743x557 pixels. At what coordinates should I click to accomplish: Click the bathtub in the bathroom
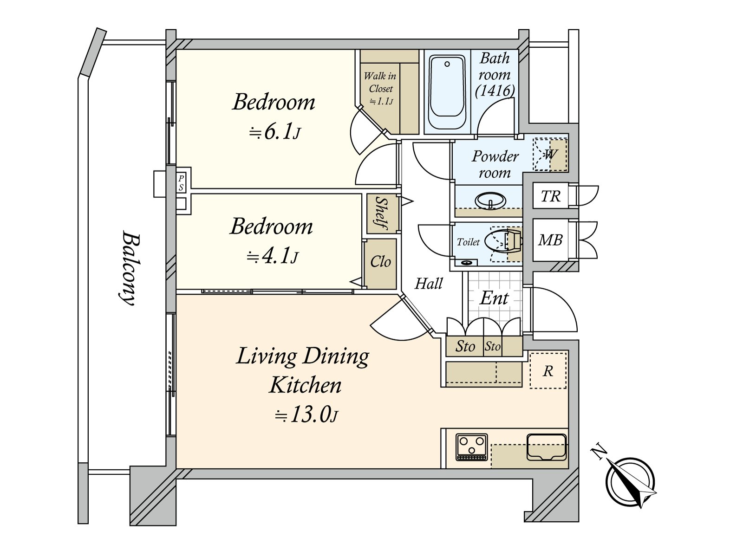[447, 93]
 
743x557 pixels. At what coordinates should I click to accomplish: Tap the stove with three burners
[472, 447]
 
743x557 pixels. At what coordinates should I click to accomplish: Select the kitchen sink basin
[546, 447]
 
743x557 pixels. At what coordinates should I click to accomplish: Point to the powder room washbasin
[490, 201]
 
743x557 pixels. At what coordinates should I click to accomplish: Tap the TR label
[550, 196]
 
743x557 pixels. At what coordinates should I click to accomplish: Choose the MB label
[550, 240]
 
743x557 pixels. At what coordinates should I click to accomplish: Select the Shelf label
[382, 213]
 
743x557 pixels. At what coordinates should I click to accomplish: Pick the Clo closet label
[380, 262]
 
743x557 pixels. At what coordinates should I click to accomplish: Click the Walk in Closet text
[380, 82]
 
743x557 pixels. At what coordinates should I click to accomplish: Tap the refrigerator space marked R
[548, 371]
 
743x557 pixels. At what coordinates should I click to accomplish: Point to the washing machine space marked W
[550, 155]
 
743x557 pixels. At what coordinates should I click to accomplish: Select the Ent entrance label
[494, 298]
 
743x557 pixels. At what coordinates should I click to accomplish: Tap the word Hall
[429, 284]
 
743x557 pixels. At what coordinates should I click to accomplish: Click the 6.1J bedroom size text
[274, 132]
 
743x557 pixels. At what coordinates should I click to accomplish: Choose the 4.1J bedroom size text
[273, 257]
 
